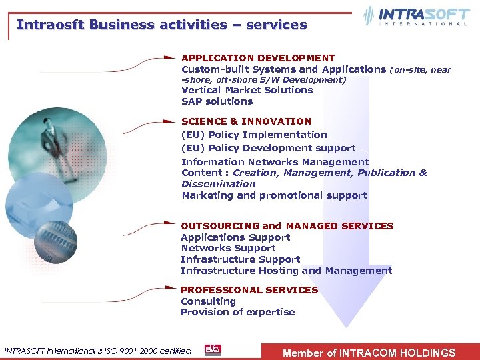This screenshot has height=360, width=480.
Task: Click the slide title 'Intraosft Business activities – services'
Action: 161,25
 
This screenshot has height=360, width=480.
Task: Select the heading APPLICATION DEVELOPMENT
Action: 258,58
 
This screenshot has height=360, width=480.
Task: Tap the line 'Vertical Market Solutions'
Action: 247,90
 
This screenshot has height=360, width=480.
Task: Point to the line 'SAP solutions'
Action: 217,101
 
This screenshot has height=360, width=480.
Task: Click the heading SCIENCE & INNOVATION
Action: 246,121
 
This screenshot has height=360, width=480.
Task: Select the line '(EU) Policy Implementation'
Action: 254,135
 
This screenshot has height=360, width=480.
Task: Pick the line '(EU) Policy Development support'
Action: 268,148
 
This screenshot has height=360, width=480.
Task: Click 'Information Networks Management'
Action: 275,161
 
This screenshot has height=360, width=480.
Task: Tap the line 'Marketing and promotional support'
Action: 274,195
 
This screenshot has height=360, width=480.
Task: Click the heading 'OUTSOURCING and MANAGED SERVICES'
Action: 287,226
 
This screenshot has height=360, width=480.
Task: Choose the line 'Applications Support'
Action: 235,237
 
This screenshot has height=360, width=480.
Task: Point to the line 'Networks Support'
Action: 228,248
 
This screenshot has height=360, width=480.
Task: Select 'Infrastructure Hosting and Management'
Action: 286,271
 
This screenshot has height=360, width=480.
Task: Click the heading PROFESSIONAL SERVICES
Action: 249,290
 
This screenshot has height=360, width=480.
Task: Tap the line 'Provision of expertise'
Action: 237,312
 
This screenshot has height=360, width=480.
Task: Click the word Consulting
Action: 208,301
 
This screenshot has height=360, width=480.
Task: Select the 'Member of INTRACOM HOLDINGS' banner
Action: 369,353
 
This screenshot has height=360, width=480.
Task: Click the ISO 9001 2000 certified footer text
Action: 98,351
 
